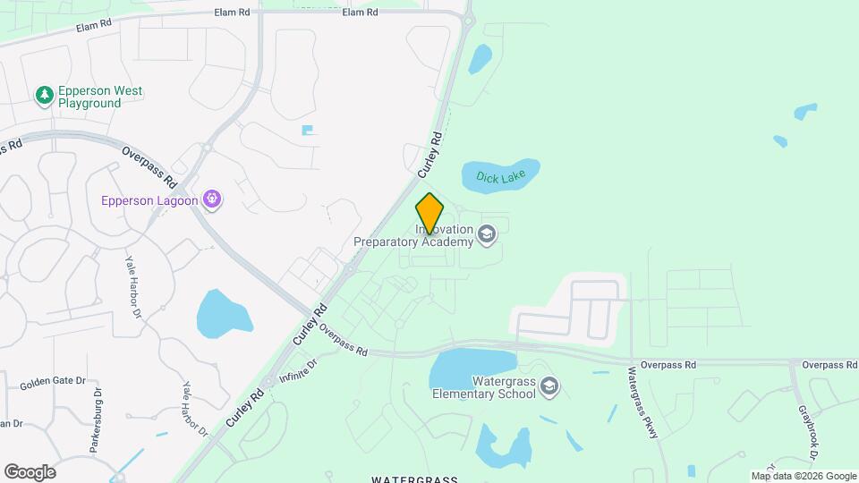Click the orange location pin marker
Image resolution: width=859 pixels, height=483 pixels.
pos(429,213)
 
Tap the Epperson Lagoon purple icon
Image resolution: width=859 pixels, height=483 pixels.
pos(212,199)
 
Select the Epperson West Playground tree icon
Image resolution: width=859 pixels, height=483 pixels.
pos(43,94)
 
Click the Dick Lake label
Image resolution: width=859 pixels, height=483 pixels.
pos(501,177)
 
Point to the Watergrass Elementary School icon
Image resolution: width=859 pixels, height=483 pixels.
pos(549,386)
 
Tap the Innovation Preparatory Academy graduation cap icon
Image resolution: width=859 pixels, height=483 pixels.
pos(487,235)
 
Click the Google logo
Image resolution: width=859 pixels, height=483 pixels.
pos(30,472)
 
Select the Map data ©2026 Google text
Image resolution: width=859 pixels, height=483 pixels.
pos(804,476)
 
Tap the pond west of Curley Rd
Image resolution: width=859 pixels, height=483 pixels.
pos(223,310)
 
